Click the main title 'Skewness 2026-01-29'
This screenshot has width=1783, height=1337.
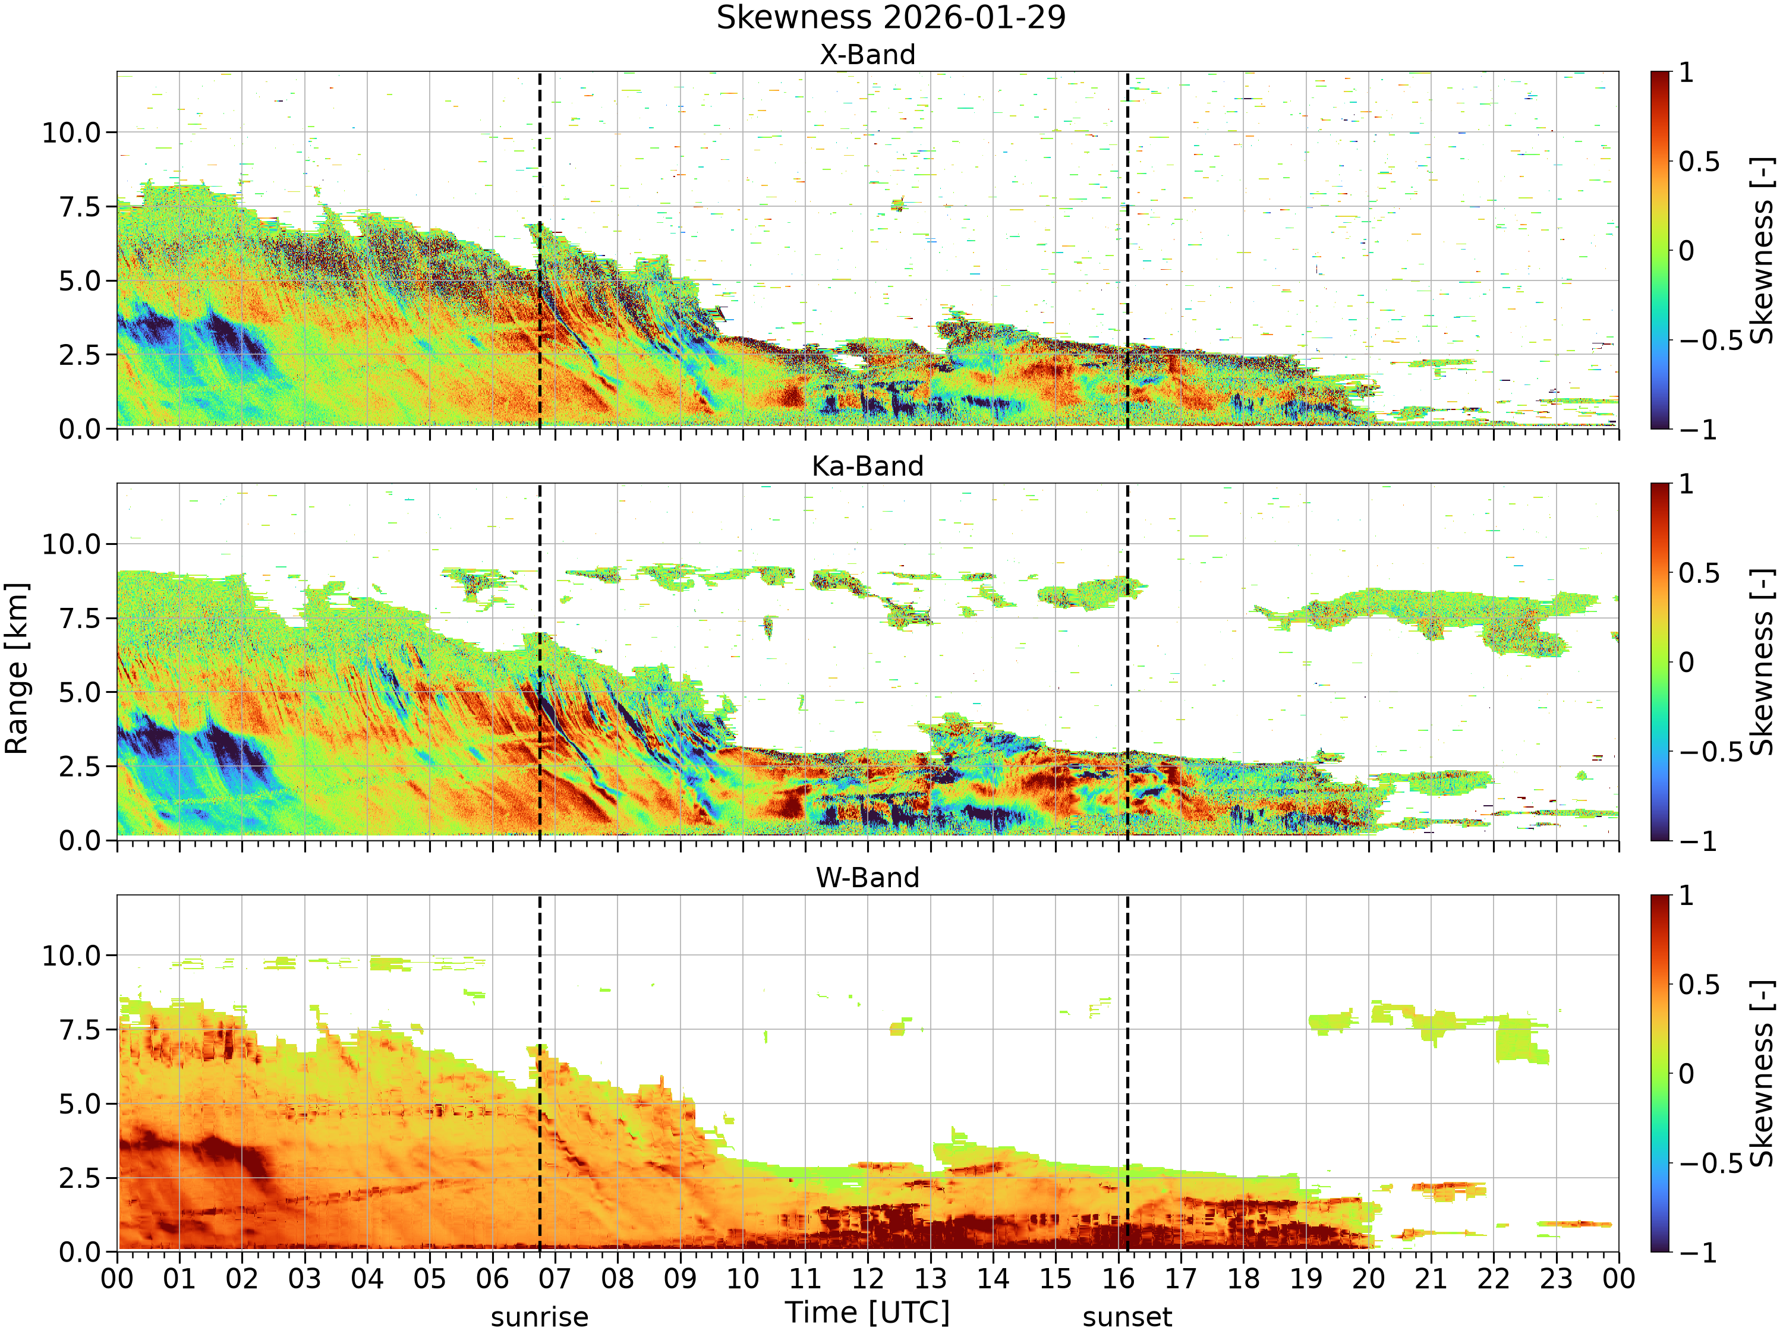(891, 18)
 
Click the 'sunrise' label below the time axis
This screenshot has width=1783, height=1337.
(539, 1317)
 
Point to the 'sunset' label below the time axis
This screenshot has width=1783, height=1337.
(1127, 1317)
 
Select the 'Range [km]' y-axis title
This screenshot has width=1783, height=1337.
(16, 669)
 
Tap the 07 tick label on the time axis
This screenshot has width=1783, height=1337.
(555, 1279)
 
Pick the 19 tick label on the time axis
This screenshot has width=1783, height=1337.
(1306, 1279)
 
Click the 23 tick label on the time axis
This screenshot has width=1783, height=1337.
(1556, 1279)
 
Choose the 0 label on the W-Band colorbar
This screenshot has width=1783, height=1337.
(1686, 1074)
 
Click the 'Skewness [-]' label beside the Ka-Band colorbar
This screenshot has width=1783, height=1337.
(1762, 661)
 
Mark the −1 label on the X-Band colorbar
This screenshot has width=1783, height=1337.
(1697, 430)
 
